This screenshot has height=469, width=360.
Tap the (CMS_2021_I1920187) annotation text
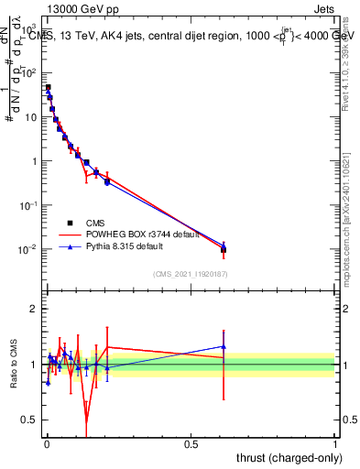(190, 274)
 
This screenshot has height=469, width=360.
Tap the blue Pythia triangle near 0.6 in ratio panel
(224, 346)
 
